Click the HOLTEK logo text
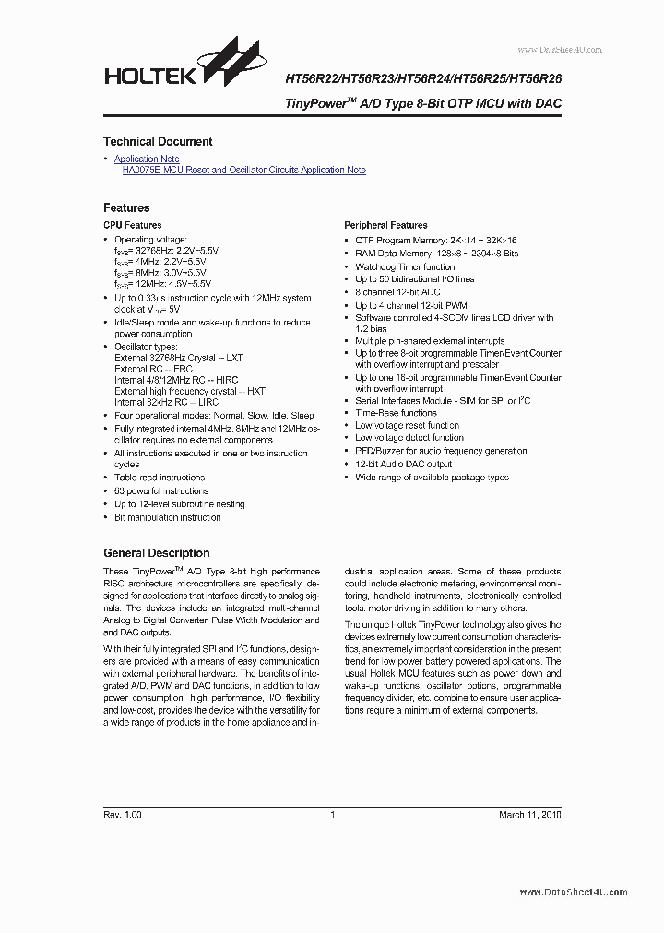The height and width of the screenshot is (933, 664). click(149, 77)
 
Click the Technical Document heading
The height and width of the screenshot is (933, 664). click(158, 142)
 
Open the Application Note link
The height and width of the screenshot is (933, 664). click(147, 159)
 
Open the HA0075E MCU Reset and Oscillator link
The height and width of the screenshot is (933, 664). click(243, 171)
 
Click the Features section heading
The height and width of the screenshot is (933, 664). click(126, 208)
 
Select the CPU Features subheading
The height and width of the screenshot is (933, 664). click(132, 225)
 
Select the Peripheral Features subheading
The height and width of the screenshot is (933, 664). click(385, 225)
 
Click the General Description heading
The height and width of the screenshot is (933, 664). click(156, 553)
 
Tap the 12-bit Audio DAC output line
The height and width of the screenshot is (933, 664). click(404, 465)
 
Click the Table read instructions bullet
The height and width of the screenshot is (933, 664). click(160, 478)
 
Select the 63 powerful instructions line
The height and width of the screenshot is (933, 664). click(160, 491)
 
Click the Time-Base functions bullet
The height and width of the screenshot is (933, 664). click(396, 413)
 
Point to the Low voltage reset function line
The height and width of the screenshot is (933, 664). click(407, 426)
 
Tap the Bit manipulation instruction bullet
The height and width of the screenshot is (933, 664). click(167, 518)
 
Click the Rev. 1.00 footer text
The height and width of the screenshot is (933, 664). click(123, 815)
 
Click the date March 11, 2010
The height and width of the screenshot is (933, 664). click(529, 815)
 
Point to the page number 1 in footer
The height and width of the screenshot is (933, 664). click(332, 815)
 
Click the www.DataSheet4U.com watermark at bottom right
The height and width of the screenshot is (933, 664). click(573, 892)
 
